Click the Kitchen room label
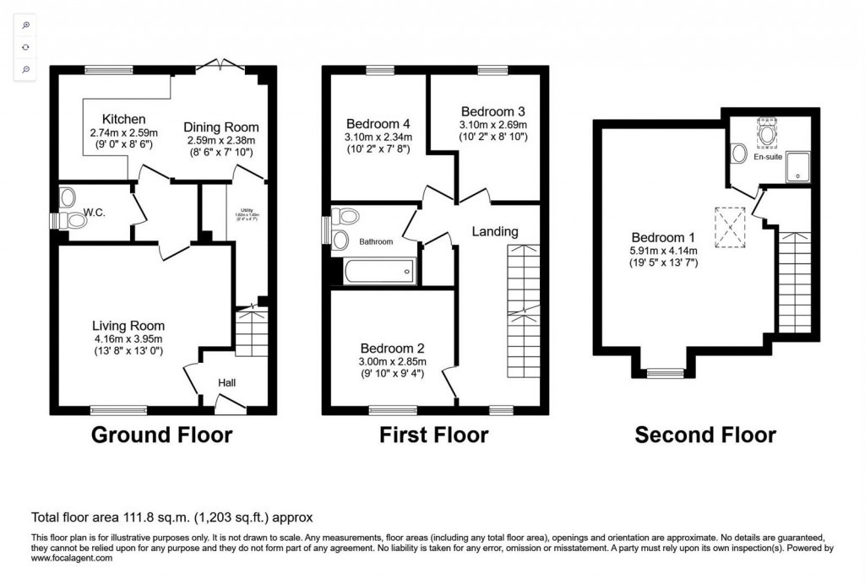pos(123,119)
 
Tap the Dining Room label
pos(221,127)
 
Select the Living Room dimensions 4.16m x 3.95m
pos(128,339)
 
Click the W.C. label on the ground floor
pos(95,212)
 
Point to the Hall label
pos(227,382)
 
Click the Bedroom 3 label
pos(493,111)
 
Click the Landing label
pos(495,231)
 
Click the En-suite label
pos(768,157)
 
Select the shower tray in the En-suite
pos(796,166)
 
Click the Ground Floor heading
pos(161,435)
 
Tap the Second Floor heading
pos(705,435)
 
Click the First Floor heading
pos(433,435)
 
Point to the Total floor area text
pos(172,517)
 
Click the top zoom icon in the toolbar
pos(26,26)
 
